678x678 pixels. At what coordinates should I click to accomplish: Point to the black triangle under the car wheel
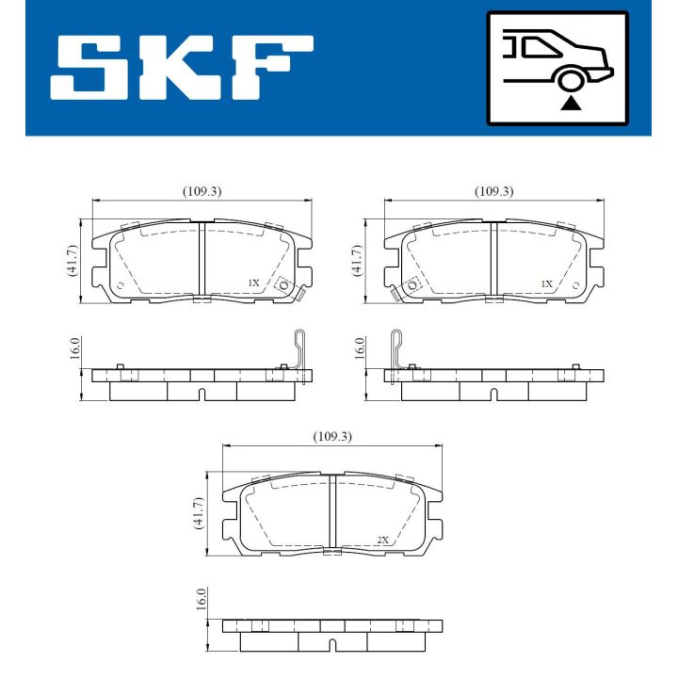(569, 103)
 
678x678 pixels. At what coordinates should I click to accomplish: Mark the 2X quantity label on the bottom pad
(382, 540)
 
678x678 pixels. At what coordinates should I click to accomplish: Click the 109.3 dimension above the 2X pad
(332, 437)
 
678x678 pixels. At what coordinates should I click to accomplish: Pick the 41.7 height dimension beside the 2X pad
(199, 515)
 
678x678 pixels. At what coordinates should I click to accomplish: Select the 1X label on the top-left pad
(252, 282)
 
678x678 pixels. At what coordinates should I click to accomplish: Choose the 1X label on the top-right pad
(546, 282)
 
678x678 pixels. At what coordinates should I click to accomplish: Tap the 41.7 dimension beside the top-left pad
(72, 259)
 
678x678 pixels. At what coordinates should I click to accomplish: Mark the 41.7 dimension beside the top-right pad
(356, 259)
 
